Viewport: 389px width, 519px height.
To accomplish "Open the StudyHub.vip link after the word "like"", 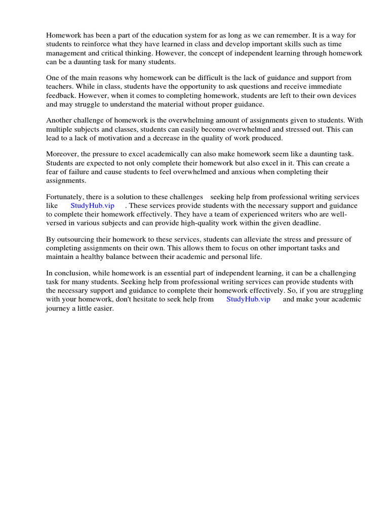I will pyautogui.click(x=92, y=206).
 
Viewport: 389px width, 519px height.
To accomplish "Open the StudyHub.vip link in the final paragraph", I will pyautogui.click(x=248, y=300).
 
